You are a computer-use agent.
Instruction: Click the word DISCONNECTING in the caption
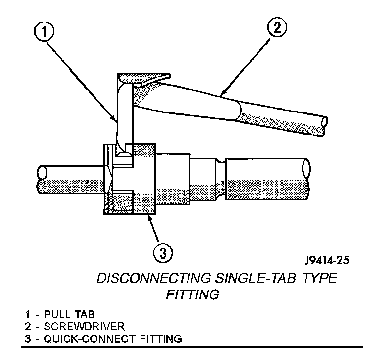click(153, 279)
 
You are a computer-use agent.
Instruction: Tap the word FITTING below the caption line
click(192, 295)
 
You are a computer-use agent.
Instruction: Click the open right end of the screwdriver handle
click(322, 125)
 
